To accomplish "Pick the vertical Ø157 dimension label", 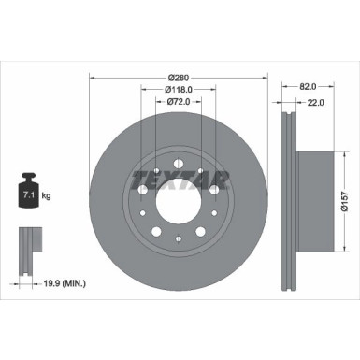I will (344, 201).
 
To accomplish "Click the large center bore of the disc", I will (177, 200).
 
